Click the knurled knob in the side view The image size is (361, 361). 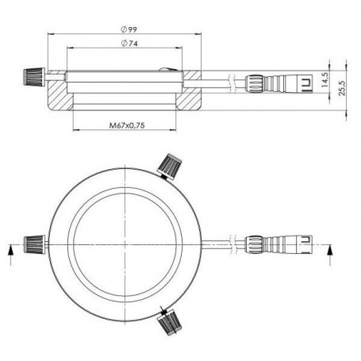[x=31, y=77]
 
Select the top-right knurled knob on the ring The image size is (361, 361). [x=168, y=167]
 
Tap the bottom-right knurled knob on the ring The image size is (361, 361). [x=169, y=321]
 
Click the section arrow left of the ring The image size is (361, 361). [x=10, y=252]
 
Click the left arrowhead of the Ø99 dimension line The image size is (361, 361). [x=50, y=36]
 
